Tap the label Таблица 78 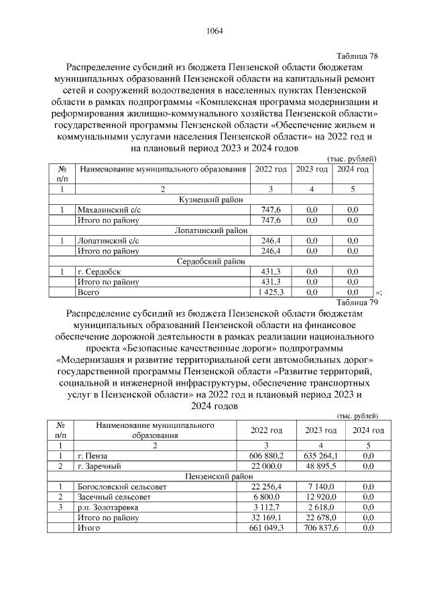356,56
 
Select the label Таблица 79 356,302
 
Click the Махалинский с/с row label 109,210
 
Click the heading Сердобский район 211,261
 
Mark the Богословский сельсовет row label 121,487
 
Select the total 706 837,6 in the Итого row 320,528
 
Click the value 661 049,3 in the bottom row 267,528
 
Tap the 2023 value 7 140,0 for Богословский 320,487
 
